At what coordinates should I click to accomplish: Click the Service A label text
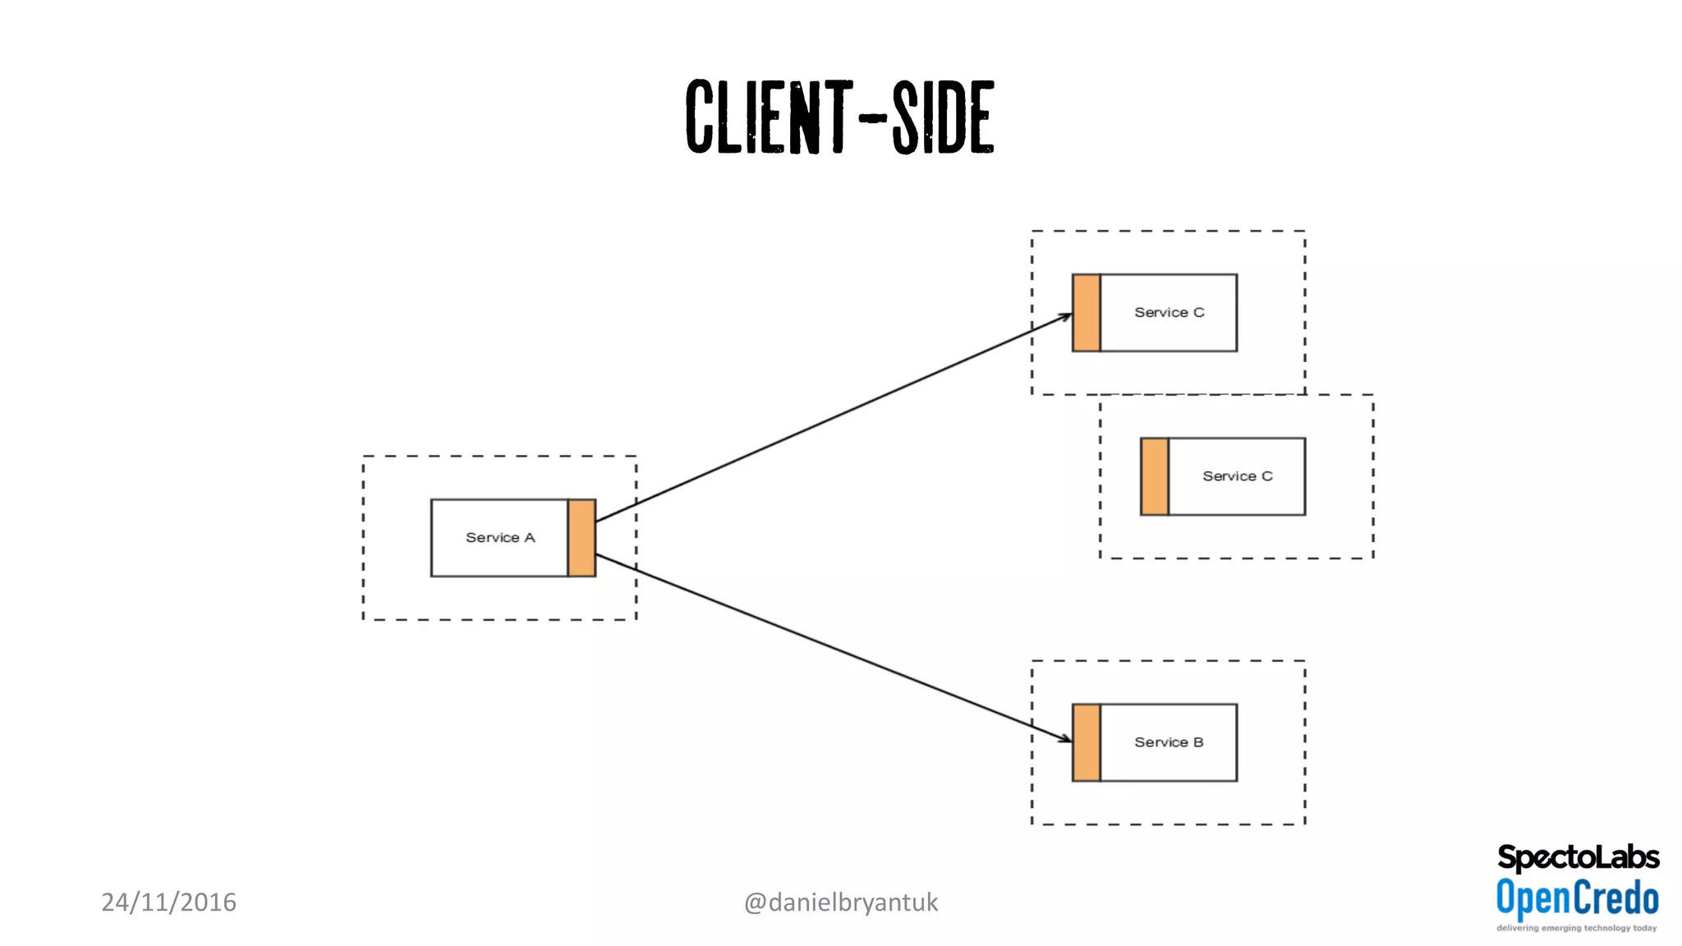coord(500,538)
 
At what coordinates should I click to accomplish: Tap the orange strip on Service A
coord(581,538)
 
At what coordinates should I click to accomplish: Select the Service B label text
coord(1169,742)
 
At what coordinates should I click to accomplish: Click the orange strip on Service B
coord(1086,742)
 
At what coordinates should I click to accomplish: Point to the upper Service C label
coord(1169,313)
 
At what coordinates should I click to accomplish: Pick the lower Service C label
coord(1237,476)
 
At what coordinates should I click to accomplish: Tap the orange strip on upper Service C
coord(1086,313)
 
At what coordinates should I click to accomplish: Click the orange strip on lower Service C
coord(1154,476)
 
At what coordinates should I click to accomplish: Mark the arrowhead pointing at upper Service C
coord(1065,316)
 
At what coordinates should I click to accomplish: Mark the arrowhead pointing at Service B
coord(1065,739)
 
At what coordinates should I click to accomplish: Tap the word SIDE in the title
coord(944,117)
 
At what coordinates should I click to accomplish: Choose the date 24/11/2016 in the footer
coord(168,902)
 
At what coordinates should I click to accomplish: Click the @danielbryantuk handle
coord(840,902)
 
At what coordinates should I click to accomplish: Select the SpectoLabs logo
coord(1578,858)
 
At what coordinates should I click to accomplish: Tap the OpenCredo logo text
coord(1577,898)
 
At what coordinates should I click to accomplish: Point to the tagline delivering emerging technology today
coord(1576,929)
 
